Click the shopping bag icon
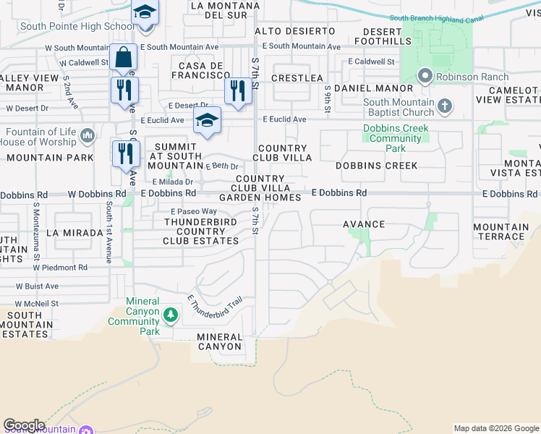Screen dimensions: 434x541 tap(124, 57)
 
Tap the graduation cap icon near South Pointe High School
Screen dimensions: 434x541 tap(145, 14)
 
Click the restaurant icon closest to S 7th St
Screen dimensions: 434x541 tap(237, 90)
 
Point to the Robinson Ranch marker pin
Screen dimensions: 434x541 tap(425, 75)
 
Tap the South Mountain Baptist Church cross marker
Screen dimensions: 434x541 tap(445, 107)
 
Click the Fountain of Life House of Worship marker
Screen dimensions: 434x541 tap(88, 135)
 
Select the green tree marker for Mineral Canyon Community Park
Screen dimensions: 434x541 tap(171, 315)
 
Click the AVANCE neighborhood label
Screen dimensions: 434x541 tap(363, 224)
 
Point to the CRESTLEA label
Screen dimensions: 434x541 tap(297, 77)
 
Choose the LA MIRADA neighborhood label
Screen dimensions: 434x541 tap(72, 234)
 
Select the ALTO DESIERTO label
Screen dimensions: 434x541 tap(289, 30)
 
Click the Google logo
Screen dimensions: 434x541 tap(24, 425)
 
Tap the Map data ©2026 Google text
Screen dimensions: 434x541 tap(496, 428)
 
